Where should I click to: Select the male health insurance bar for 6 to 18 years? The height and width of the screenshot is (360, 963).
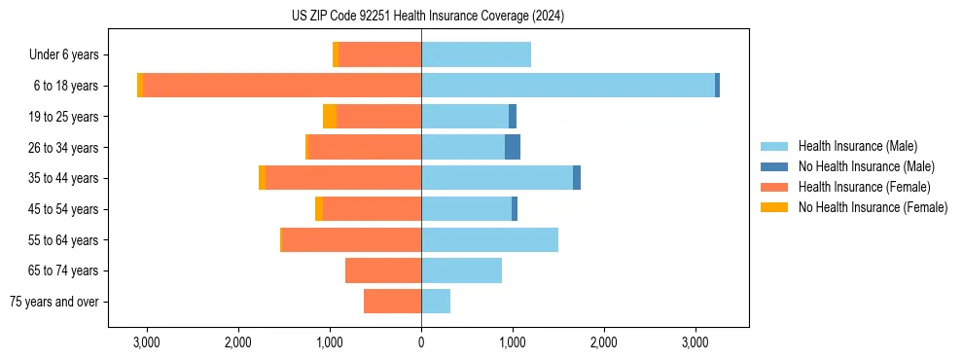click(x=568, y=86)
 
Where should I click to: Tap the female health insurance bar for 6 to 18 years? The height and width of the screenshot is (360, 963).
click(x=282, y=86)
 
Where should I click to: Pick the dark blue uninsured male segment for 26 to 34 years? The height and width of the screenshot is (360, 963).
click(x=513, y=147)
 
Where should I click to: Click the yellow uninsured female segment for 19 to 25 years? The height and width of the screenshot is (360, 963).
click(x=330, y=117)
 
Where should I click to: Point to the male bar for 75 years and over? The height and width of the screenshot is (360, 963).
click(x=436, y=302)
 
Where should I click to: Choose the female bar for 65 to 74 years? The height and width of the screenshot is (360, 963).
click(x=383, y=270)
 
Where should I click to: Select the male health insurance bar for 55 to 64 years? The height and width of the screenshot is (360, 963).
click(x=489, y=239)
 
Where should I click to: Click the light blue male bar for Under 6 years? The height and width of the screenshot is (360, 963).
click(x=476, y=54)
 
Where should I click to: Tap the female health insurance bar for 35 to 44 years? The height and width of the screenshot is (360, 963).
click(x=343, y=178)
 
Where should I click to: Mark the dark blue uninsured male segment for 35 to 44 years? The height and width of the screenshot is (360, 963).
click(x=577, y=178)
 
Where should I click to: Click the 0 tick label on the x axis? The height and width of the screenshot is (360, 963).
click(x=421, y=342)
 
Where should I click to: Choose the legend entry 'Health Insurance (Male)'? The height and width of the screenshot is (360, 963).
click(x=857, y=146)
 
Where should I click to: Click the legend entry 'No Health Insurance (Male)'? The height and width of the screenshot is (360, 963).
click(x=866, y=166)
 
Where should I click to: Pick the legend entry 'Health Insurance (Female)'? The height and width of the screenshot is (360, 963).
click(x=864, y=187)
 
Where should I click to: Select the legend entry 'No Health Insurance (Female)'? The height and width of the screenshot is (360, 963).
click(x=873, y=207)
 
